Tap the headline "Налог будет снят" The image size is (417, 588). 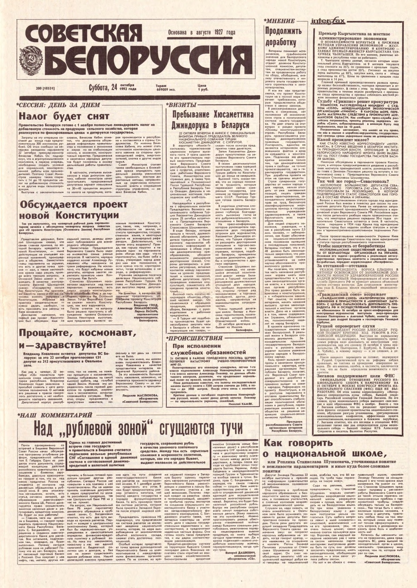58,116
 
